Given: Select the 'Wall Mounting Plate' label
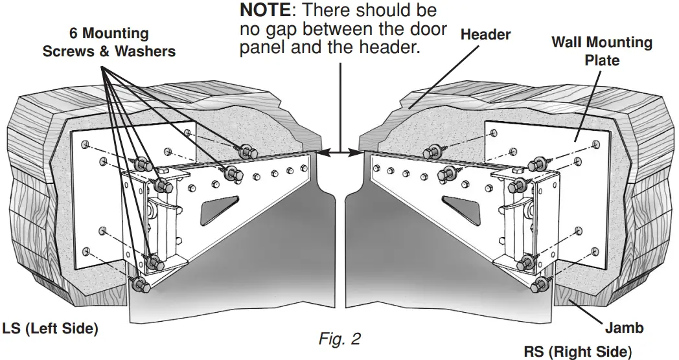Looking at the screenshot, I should (x=601, y=51).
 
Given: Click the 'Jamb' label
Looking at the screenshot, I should (x=625, y=328).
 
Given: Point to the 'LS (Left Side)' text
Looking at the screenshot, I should (x=51, y=329).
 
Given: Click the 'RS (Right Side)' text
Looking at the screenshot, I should (x=577, y=352).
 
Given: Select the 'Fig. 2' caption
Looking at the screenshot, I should (x=339, y=339).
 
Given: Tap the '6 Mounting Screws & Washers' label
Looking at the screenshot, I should (x=109, y=42).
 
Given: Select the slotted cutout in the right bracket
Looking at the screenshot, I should (x=463, y=209).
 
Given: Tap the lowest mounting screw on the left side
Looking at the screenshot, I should (x=138, y=284).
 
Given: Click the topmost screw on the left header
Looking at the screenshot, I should (x=247, y=152).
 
